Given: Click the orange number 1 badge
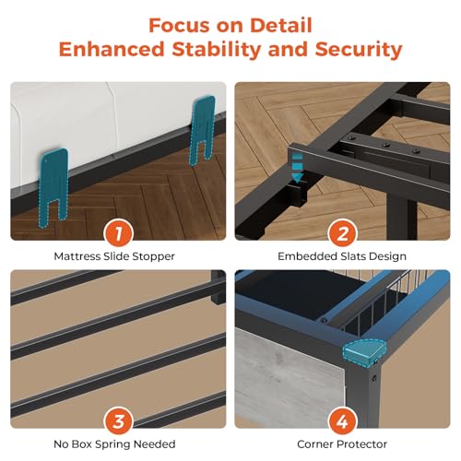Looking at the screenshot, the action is [118, 233].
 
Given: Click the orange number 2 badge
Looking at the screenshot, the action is [342, 233].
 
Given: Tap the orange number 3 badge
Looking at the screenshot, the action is [118, 421].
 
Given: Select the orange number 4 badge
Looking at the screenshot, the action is [342, 421].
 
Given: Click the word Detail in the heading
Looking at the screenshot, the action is [281, 25].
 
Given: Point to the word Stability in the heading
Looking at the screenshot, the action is [217, 49].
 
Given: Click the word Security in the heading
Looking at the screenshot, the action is [359, 50].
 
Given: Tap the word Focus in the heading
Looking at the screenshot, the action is [180, 25].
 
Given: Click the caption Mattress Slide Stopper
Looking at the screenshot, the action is [114, 256].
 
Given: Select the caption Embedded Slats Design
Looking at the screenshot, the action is [342, 256].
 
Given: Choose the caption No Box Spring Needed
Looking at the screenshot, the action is [114, 444].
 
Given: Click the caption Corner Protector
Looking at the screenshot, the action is [342, 444].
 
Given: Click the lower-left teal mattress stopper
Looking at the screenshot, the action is [53, 186].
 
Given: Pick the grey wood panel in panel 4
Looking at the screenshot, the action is [289, 378].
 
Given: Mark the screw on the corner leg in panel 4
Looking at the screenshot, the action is [374, 377].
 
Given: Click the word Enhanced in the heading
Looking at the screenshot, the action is [112, 49].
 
